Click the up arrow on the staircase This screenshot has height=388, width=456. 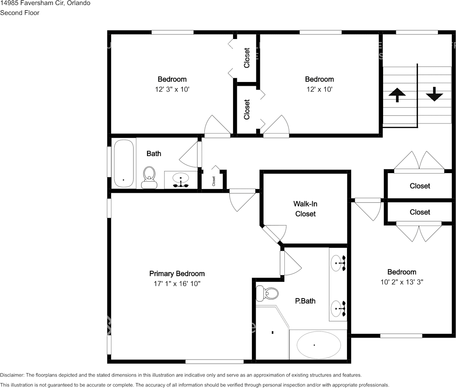(397, 95)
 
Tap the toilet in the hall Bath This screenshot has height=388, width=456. (150, 177)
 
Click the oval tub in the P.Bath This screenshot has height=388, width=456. (318, 345)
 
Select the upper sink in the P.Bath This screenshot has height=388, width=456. (338, 262)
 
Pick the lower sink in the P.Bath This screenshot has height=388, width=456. (338, 308)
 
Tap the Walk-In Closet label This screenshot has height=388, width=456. (305, 209)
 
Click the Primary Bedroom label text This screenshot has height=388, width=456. (177, 274)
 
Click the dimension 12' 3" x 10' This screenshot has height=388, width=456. (172, 89)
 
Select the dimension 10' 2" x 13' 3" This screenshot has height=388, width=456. (402, 282)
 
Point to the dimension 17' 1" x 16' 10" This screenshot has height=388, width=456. (177, 284)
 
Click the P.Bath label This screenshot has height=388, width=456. (305, 301)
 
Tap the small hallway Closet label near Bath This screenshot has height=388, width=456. (213, 180)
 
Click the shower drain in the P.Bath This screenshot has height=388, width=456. (272, 332)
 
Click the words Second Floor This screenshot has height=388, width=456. (20, 13)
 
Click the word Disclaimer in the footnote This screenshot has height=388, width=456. (12, 375)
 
